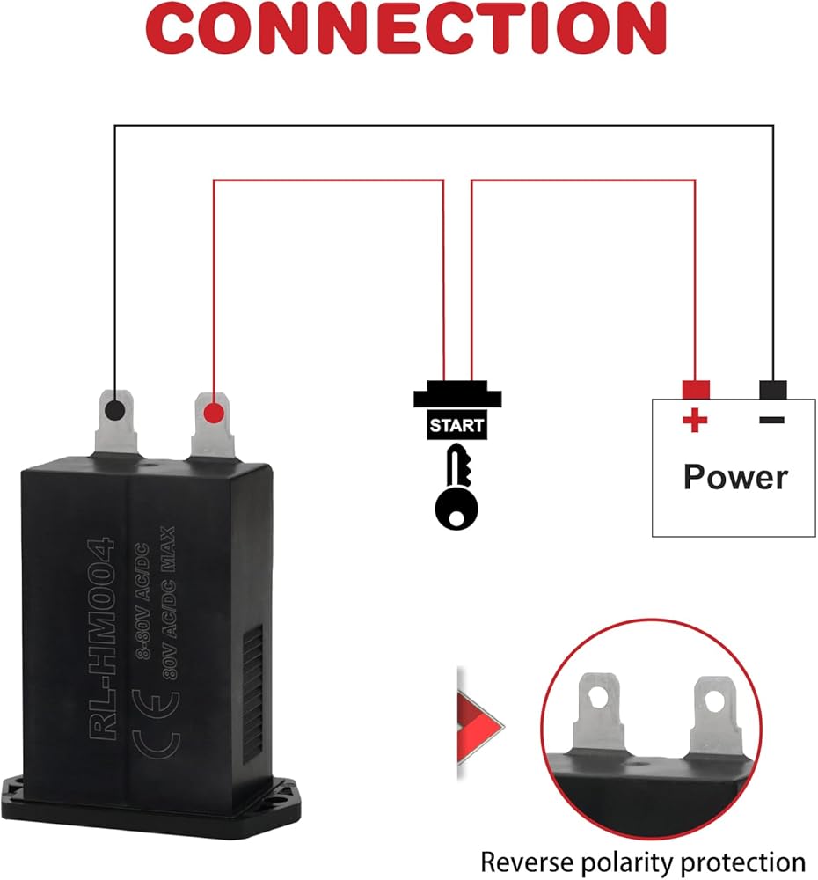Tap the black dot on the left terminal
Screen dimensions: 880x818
tap(113, 410)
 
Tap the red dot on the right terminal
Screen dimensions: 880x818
tap(211, 413)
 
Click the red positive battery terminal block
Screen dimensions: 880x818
tap(695, 389)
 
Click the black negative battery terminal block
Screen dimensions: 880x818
tap(772, 389)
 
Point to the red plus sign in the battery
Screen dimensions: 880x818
tap(695, 421)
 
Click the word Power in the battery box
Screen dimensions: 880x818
tap(735, 477)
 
